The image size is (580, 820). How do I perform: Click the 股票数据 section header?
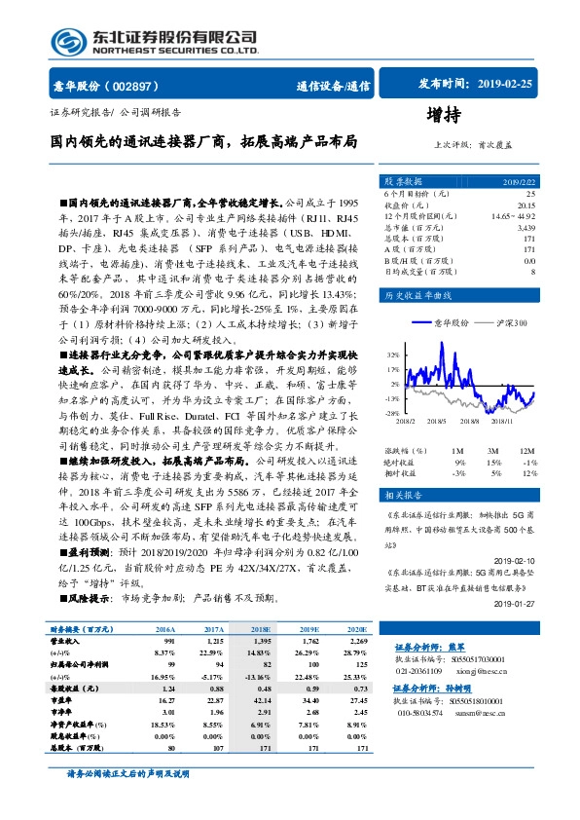point(403,181)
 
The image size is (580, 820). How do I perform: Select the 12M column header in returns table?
point(526,451)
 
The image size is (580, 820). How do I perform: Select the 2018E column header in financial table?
point(262,630)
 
